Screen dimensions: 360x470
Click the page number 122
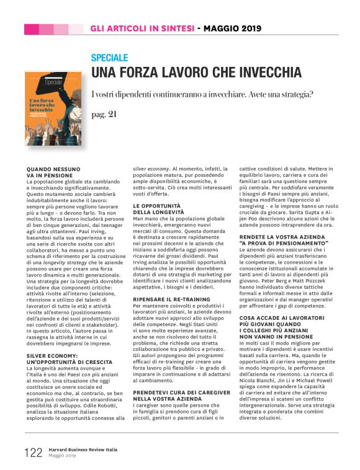point(34,451)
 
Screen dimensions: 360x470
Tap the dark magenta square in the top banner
point(31,29)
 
